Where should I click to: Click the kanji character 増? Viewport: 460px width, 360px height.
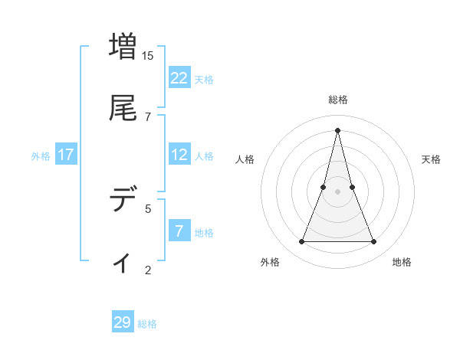point(123,46)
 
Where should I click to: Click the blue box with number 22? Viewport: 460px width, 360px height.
point(179,78)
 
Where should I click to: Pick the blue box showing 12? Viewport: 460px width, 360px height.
point(179,155)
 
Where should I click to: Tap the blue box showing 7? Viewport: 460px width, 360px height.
point(179,231)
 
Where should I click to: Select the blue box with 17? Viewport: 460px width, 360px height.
point(66,155)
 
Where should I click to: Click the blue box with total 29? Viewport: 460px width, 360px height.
point(123,322)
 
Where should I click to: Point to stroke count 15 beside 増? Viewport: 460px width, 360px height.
point(148,56)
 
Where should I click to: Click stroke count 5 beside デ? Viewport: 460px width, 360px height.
point(148,208)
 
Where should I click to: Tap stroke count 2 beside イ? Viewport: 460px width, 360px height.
point(148,270)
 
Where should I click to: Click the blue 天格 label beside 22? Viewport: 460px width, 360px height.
point(204,80)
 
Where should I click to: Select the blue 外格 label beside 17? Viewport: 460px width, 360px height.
point(41,156)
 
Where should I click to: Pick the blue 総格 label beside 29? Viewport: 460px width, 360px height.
point(147,324)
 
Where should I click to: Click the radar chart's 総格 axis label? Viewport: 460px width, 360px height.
point(337,100)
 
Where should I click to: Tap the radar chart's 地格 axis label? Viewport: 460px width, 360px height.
point(402,263)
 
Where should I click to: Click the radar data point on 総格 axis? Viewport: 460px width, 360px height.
point(337,130)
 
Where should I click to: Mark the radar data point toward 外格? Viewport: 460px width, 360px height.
point(302,242)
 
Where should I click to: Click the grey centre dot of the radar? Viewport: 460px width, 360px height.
point(337,191)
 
